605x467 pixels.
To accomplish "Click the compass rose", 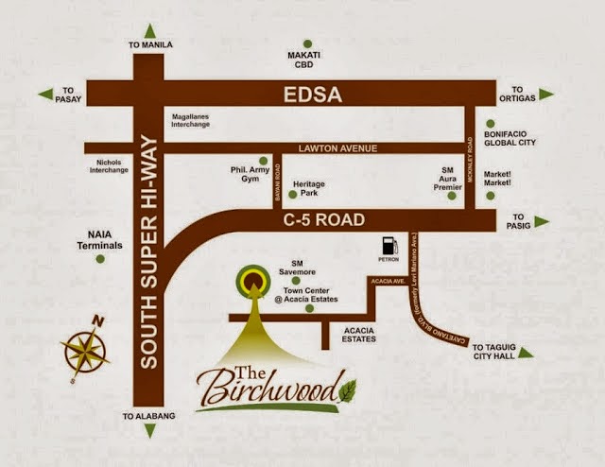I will (x=85, y=347).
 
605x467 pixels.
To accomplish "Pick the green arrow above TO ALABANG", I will (x=148, y=430).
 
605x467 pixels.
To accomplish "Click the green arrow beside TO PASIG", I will (x=541, y=221).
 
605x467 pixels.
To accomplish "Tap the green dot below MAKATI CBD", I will (x=307, y=43).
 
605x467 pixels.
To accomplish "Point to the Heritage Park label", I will (x=309, y=186).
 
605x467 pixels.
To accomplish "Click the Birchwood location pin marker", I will (x=252, y=279).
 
